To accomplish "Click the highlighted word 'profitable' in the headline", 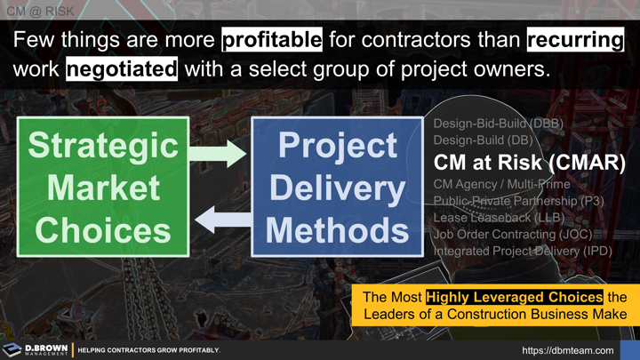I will [x=271, y=41].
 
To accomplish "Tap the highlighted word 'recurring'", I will [x=574, y=41].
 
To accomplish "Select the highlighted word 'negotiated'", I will [x=122, y=69].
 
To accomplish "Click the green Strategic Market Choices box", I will [x=102, y=187].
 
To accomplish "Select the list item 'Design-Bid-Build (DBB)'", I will [x=498, y=124].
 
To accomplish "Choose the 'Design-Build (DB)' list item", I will [x=483, y=140].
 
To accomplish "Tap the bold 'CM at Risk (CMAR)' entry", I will [x=529, y=164].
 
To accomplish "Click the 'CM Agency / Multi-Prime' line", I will [x=501, y=185].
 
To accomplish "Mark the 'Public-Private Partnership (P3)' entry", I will [x=518, y=202].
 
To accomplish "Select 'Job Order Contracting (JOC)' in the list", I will [x=512, y=235].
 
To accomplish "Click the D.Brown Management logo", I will [x=36, y=349].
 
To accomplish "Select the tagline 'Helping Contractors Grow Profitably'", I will [x=148, y=350].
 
